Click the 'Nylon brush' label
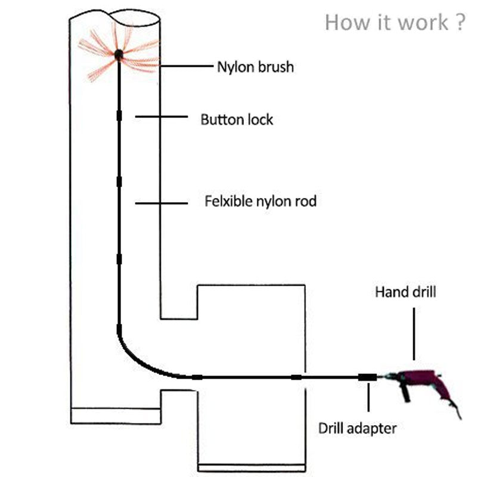(255, 66)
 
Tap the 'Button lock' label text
(237, 119)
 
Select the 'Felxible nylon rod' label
(261, 202)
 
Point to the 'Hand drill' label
(405, 292)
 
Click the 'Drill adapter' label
(357, 428)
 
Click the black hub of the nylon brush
(119, 55)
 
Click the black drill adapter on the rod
(367, 377)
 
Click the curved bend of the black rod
(137, 358)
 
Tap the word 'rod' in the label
(305, 202)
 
